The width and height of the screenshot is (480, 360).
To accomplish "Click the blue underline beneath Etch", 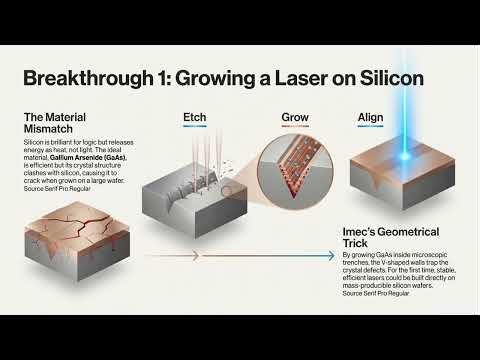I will [x=195, y=128].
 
